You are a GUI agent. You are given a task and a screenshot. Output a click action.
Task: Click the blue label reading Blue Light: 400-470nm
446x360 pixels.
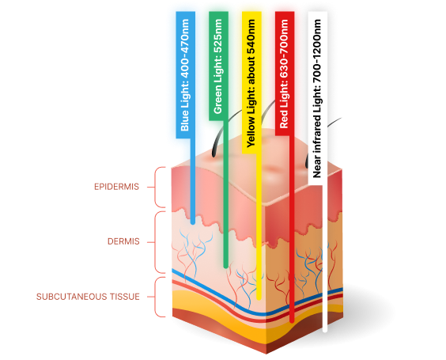[186, 75]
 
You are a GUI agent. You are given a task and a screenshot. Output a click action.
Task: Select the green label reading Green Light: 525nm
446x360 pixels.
[218, 66]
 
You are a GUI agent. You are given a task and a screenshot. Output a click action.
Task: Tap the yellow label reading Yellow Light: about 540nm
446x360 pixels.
[251, 82]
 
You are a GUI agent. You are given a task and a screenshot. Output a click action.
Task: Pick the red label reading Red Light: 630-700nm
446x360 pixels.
[285, 74]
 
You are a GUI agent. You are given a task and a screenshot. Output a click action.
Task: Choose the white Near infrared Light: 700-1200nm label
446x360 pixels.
[318, 98]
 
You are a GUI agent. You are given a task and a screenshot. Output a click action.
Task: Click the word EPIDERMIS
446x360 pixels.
[116, 187]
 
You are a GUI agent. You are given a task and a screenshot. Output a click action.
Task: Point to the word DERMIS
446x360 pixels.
[123, 241]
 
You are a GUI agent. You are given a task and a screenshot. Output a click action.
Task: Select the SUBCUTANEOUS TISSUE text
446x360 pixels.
[88, 297]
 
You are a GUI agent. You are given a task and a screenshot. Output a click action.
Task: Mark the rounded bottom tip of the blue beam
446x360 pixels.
[193, 222]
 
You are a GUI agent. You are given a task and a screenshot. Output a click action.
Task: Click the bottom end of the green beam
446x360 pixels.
[226, 266]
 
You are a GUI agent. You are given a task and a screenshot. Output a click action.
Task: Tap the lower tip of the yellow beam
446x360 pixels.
[259, 297]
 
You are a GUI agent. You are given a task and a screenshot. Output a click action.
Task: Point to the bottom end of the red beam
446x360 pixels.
[292, 320]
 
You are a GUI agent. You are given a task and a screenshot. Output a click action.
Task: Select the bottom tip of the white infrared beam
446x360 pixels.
[325, 330]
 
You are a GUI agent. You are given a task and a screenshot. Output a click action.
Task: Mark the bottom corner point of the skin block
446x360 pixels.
[266, 354]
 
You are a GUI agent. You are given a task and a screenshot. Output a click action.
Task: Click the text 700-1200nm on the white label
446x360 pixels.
[317, 51]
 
